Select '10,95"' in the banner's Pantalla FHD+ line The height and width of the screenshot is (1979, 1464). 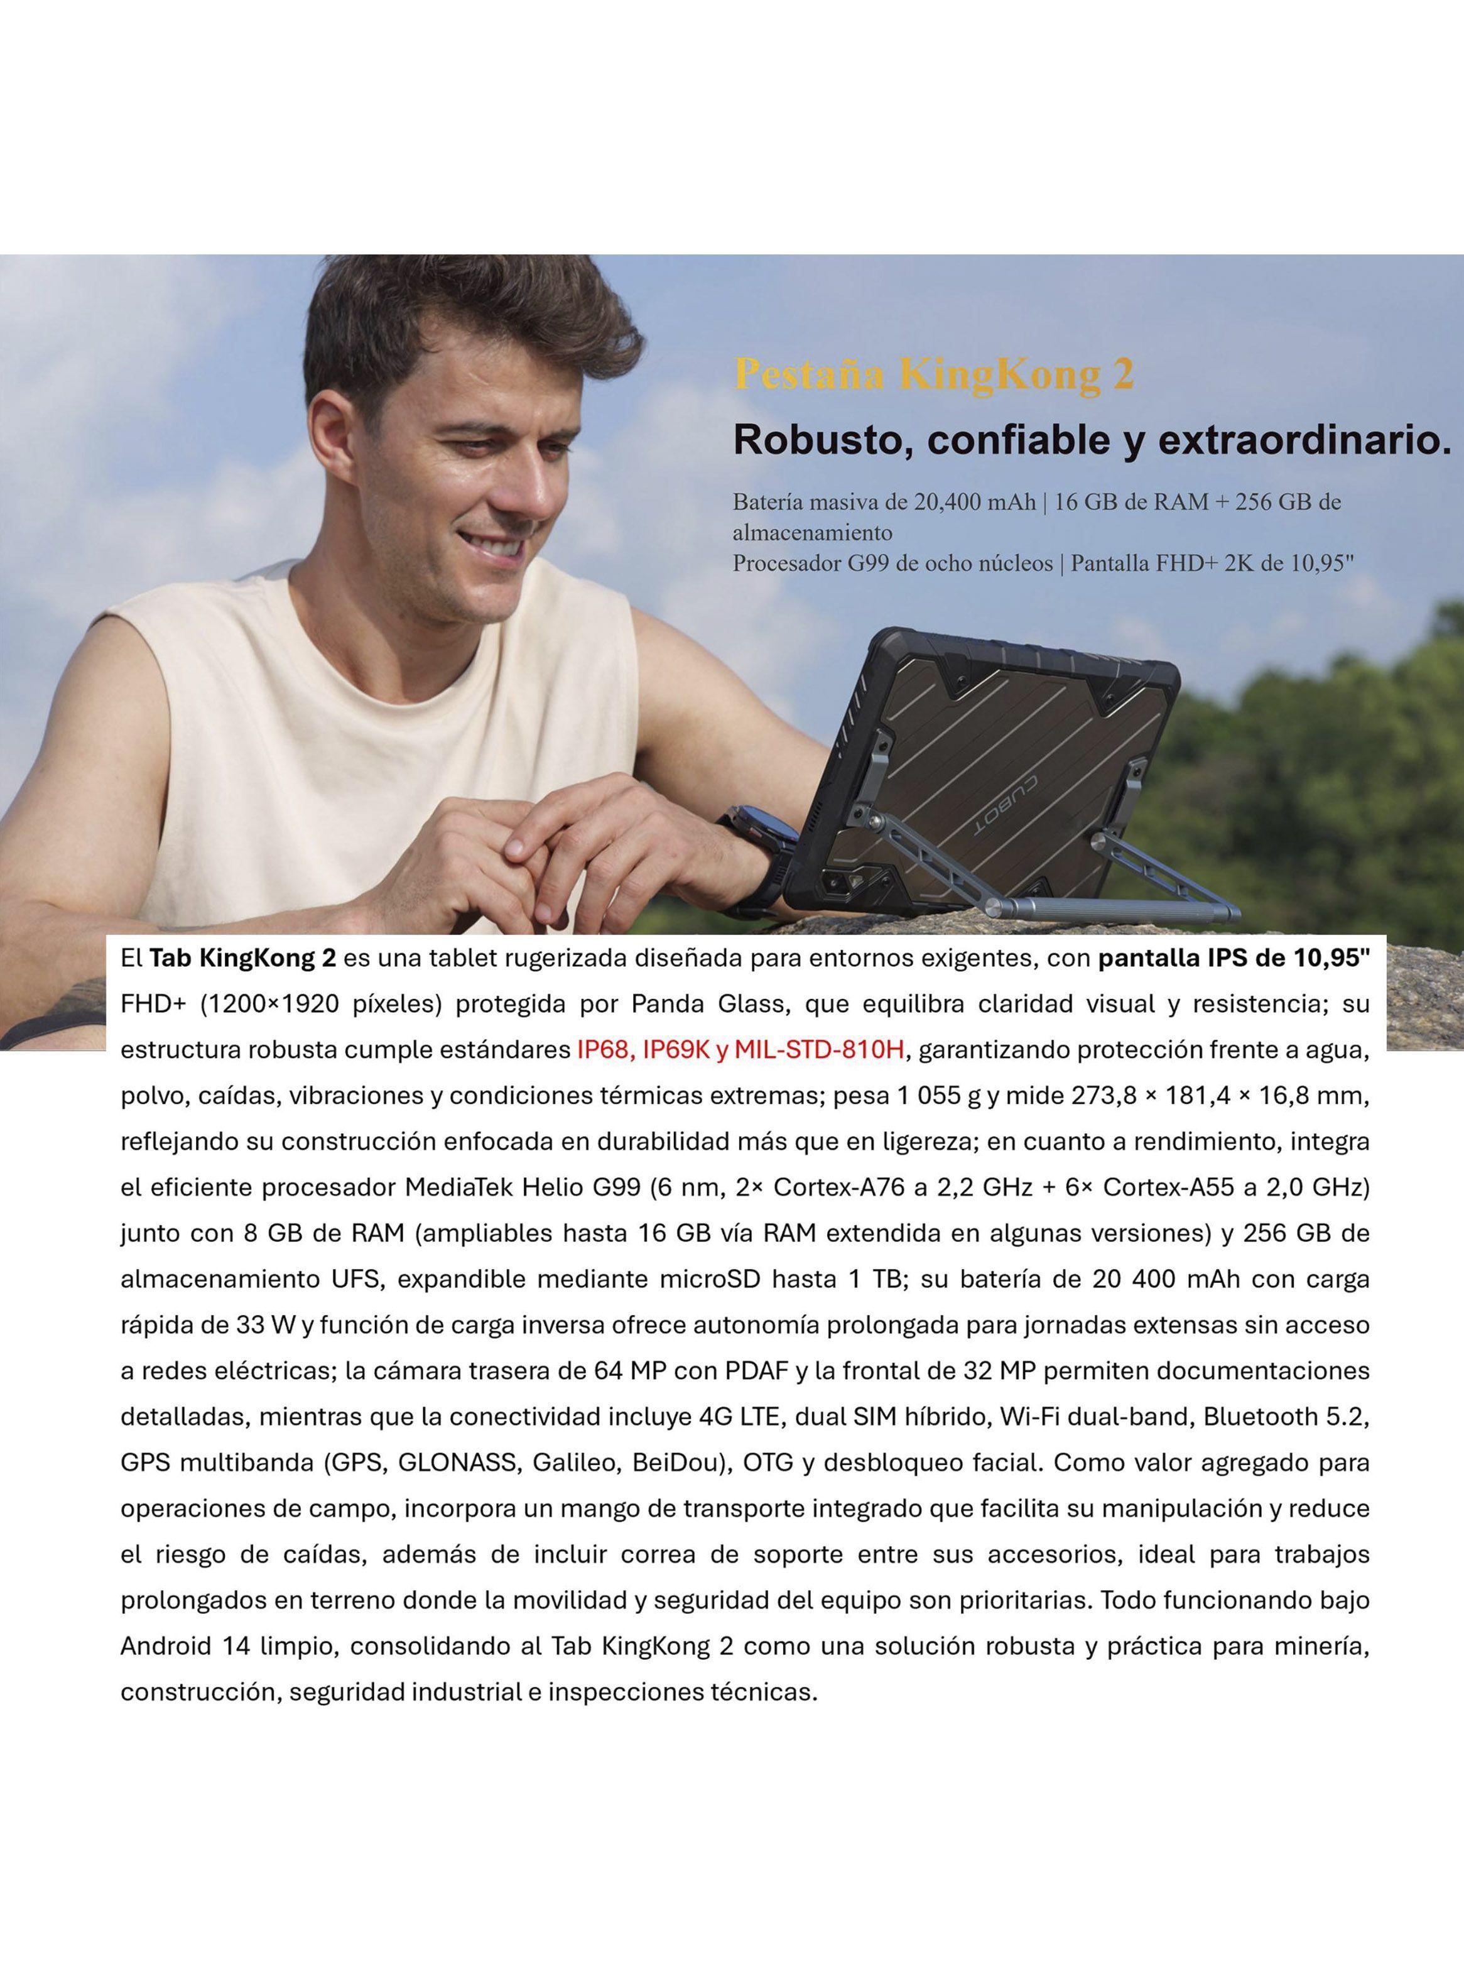coord(1320,563)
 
